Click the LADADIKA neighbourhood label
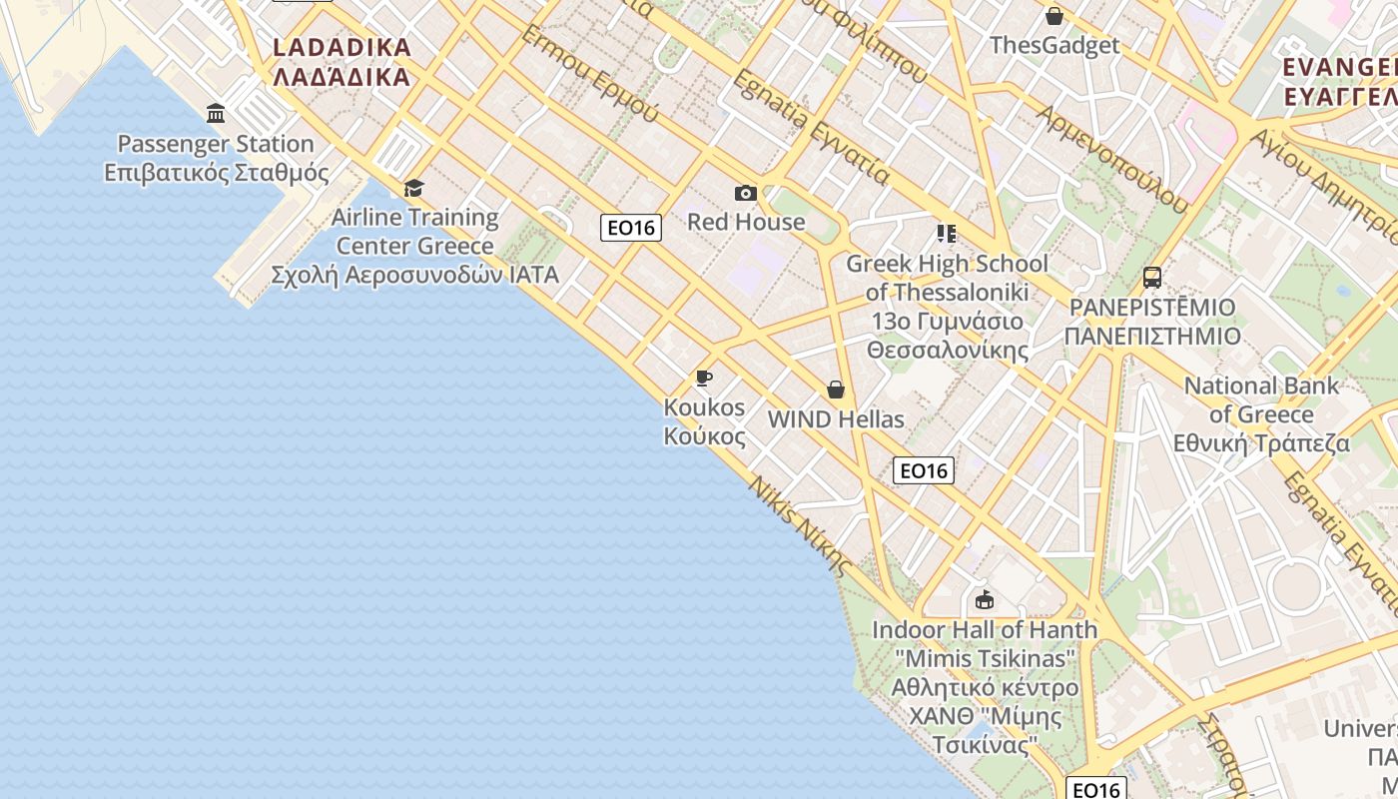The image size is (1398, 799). (x=342, y=48)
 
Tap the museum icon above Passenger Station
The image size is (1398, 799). (x=216, y=112)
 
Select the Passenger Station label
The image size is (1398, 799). (x=216, y=144)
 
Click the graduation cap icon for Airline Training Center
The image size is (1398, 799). (x=413, y=188)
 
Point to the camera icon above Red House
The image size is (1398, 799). (x=745, y=193)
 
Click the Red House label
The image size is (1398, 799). (x=745, y=222)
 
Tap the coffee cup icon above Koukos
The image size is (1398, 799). (x=704, y=378)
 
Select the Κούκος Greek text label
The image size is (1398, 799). (x=704, y=436)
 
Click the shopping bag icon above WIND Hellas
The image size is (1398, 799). (x=836, y=390)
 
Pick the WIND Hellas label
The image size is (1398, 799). (x=836, y=419)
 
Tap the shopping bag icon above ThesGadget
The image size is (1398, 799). (x=1053, y=16)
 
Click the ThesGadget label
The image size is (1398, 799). (x=1053, y=45)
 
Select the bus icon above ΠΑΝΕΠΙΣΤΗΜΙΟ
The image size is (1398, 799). (x=1152, y=277)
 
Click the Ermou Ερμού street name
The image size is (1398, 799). (x=590, y=75)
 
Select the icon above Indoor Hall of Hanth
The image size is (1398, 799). (x=985, y=599)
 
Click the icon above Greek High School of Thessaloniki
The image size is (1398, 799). (x=946, y=234)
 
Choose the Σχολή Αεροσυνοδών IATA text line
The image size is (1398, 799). (x=414, y=275)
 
